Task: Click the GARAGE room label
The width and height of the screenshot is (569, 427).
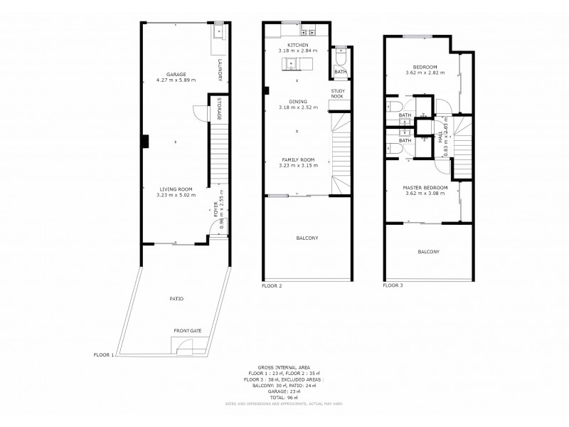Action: pyautogui.click(x=176, y=73)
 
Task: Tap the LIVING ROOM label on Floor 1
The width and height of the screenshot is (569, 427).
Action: pyautogui.click(x=176, y=189)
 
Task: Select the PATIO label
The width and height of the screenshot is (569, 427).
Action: pyautogui.click(x=176, y=299)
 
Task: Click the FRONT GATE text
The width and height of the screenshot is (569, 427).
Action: pyautogui.click(x=187, y=331)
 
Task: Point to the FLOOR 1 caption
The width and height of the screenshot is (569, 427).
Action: pyautogui.click(x=104, y=354)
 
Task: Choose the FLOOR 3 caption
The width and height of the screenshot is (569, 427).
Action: pyautogui.click(x=393, y=285)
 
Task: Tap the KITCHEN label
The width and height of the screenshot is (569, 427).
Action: pyautogui.click(x=298, y=45)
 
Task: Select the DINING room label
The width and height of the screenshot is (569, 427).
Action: pyautogui.click(x=298, y=102)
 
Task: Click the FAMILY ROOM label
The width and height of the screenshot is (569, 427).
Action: pyautogui.click(x=298, y=159)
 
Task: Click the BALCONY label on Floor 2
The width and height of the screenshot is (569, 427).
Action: pyautogui.click(x=307, y=238)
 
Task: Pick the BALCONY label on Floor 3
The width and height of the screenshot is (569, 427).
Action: pyautogui.click(x=428, y=252)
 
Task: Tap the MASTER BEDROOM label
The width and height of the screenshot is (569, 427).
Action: pyautogui.click(x=425, y=187)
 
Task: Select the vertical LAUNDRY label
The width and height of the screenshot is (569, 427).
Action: pyautogui.click(x=220, y=70)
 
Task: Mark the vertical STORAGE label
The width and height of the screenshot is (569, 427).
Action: pyautogui.click(x=219, y=109)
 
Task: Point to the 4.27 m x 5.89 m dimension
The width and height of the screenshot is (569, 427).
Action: pyautogui.click(x=176, y=80)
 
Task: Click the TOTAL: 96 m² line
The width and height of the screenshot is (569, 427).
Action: pyautogui.click(x=298, y=396)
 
